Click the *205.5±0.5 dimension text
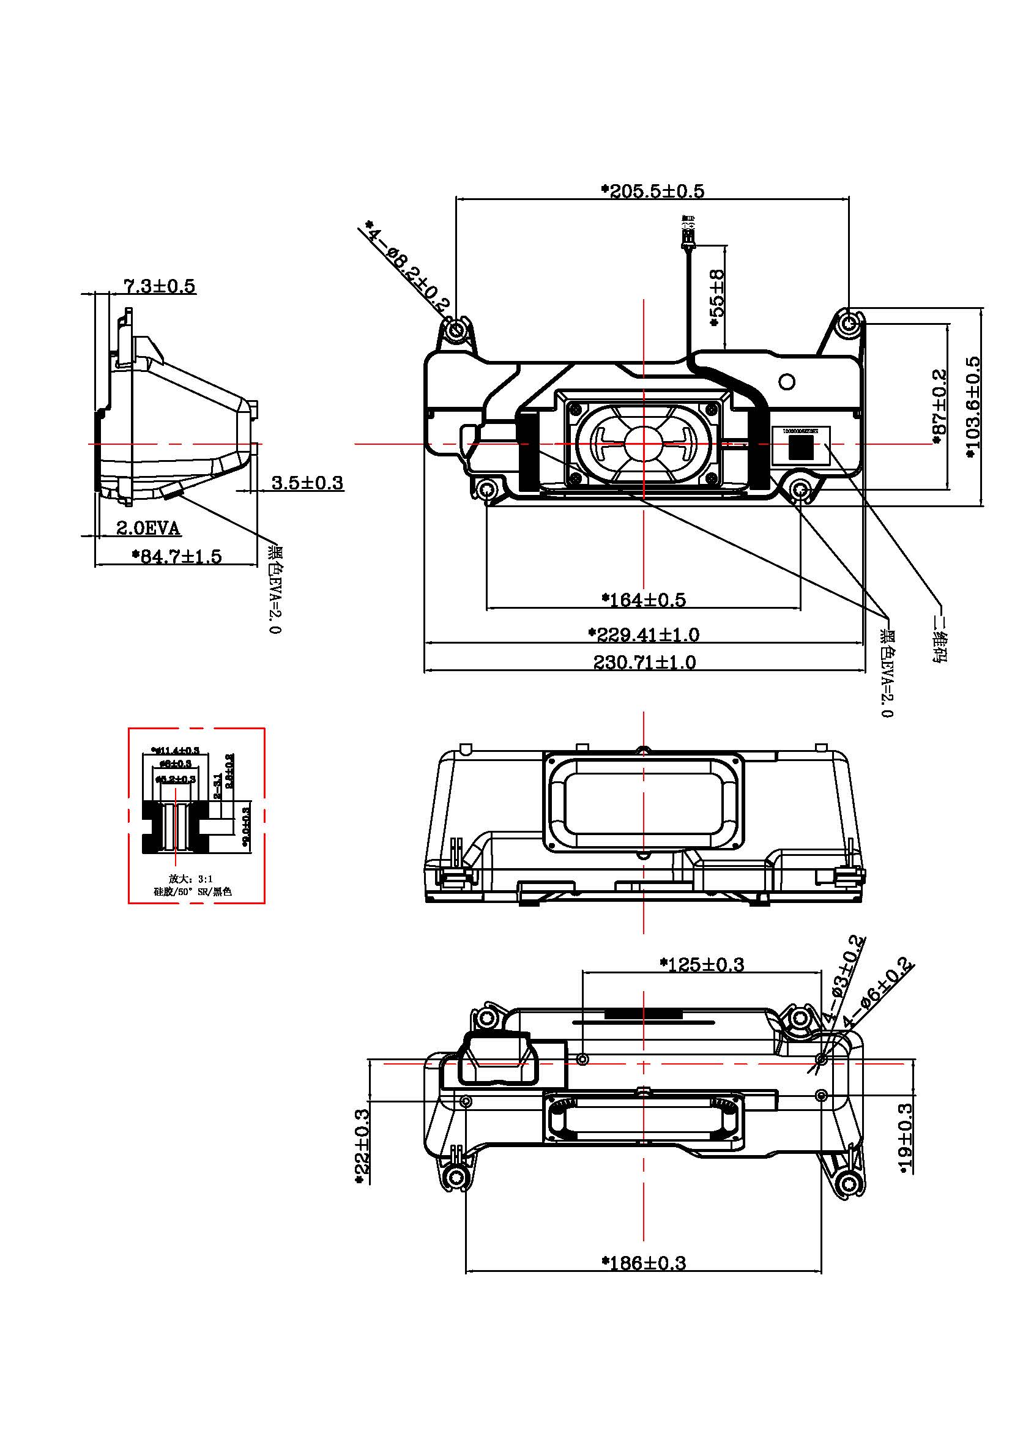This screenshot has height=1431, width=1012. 652,191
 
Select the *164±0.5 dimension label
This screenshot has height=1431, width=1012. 644,600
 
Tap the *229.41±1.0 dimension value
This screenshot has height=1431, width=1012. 644,634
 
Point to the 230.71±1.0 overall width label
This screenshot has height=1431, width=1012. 644,661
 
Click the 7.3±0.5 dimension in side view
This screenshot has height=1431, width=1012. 160,286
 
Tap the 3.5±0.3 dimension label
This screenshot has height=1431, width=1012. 307,482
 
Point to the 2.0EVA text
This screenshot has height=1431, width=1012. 148,529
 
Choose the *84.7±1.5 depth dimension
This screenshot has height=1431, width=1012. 177,556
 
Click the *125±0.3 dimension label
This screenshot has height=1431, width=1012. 702,965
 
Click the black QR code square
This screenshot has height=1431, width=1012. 801,447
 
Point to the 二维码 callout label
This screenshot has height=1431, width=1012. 939,638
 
